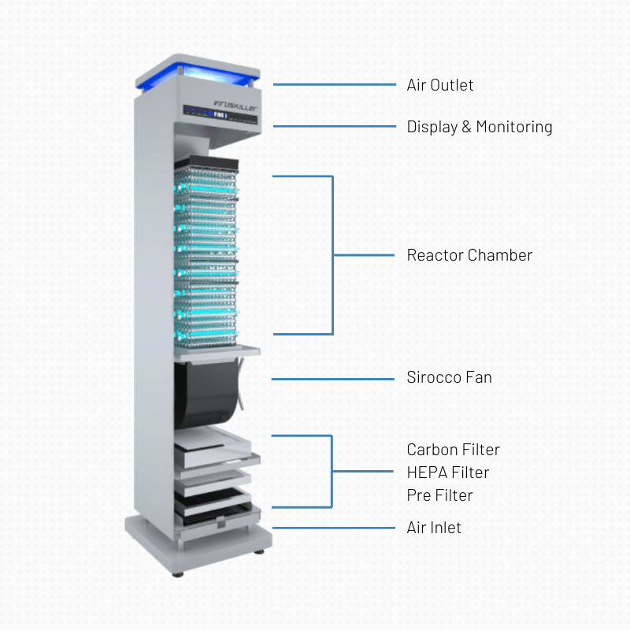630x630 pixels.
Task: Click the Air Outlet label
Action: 440,85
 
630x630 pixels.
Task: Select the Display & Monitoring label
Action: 479,127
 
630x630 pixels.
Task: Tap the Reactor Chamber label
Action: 469,255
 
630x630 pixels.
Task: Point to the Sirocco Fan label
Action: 449,377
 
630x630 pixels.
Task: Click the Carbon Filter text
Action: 453,450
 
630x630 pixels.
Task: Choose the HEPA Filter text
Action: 447,472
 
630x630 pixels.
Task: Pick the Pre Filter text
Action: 439,495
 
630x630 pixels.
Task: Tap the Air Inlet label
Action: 434,528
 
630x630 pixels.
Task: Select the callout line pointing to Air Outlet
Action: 334,84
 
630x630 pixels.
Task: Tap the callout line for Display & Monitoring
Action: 334,126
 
